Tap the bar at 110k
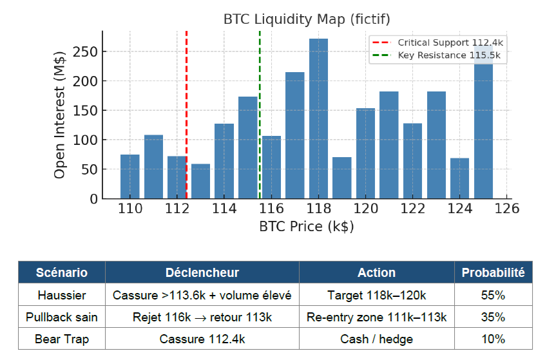tap(130, 176)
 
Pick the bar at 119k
tap(341, 178)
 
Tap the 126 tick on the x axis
tap(507, 209)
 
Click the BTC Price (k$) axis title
tap(307, 227)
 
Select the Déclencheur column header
tap(202, 272)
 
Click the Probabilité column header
tap(493, 272)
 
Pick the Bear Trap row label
tap(61, 339)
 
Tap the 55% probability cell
tap(493, 295)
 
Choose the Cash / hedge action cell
tap(376, 339)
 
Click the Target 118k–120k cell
tap(376, 295)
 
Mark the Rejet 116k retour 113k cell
tap(202, 317)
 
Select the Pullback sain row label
tap(61, 317)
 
